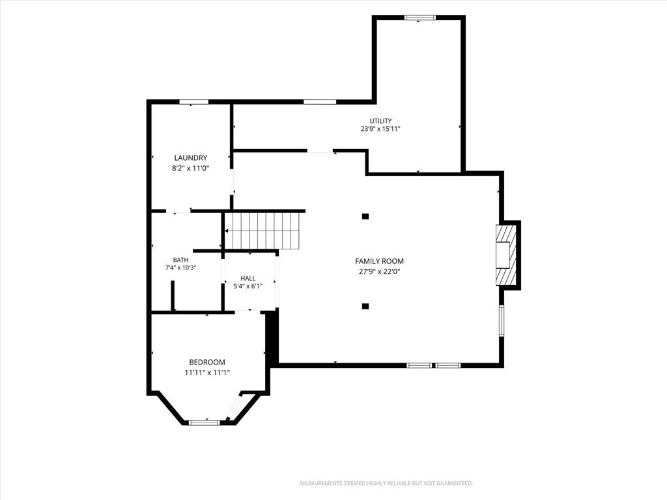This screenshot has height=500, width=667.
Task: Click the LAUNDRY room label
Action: (191, 158)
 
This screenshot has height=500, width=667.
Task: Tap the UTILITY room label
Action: (380, 120)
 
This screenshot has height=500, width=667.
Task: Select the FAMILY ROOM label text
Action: (380, 261)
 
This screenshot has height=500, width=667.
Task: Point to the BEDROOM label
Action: (207, 362)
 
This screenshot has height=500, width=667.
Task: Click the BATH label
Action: (180, 260)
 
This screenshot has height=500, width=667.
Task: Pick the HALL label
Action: (248, 279)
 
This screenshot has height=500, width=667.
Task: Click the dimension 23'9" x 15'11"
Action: (380, 130)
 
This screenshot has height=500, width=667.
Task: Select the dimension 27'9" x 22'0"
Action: (380, 271)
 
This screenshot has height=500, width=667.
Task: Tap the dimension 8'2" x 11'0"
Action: (191, 169)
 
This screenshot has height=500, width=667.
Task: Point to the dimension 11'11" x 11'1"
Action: (207, 373)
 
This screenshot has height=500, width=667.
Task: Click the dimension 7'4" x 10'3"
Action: (180, 268)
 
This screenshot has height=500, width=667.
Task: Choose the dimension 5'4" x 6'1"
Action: (248, 286)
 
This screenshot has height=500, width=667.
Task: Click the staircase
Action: (263, 231)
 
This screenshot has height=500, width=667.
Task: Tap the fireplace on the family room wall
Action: (507, 255)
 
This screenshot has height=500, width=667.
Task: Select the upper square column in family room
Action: (365, 216)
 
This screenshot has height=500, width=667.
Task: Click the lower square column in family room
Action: (365, 306)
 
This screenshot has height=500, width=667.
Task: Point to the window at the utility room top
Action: (420, 18)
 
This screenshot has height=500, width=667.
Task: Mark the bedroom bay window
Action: (204, 423)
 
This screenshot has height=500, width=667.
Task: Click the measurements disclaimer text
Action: (386, 484)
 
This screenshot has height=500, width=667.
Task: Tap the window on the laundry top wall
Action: (193, 102)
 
